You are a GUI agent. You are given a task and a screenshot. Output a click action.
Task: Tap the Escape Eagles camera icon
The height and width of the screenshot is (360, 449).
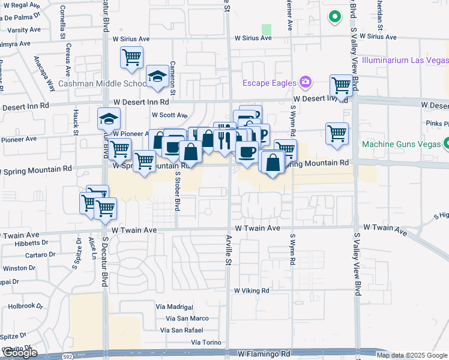pyautogui.click(x=306, y=82)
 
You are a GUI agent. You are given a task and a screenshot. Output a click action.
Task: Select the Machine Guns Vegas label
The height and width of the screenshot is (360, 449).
pyautogui.click(x=402, y=144)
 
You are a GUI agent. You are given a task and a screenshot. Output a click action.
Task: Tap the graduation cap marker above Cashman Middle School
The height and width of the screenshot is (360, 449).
pyautogui.click(x=157, y=76)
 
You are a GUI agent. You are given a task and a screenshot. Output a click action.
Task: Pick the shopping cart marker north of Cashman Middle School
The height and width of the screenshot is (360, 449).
pyautogui.click(x=131, y=58)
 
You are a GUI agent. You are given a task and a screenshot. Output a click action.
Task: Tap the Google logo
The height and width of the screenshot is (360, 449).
pyautogui.click(x=20, y=353)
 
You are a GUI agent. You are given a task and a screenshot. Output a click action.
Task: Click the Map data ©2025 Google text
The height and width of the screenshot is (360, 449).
pyautogui.click(x=412, y=355)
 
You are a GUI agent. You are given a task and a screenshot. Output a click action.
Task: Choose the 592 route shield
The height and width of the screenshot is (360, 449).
pyautogui.click(x=68, y=356)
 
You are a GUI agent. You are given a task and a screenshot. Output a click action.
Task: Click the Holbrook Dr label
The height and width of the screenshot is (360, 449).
pyautogui.click(x=26, y=306)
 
